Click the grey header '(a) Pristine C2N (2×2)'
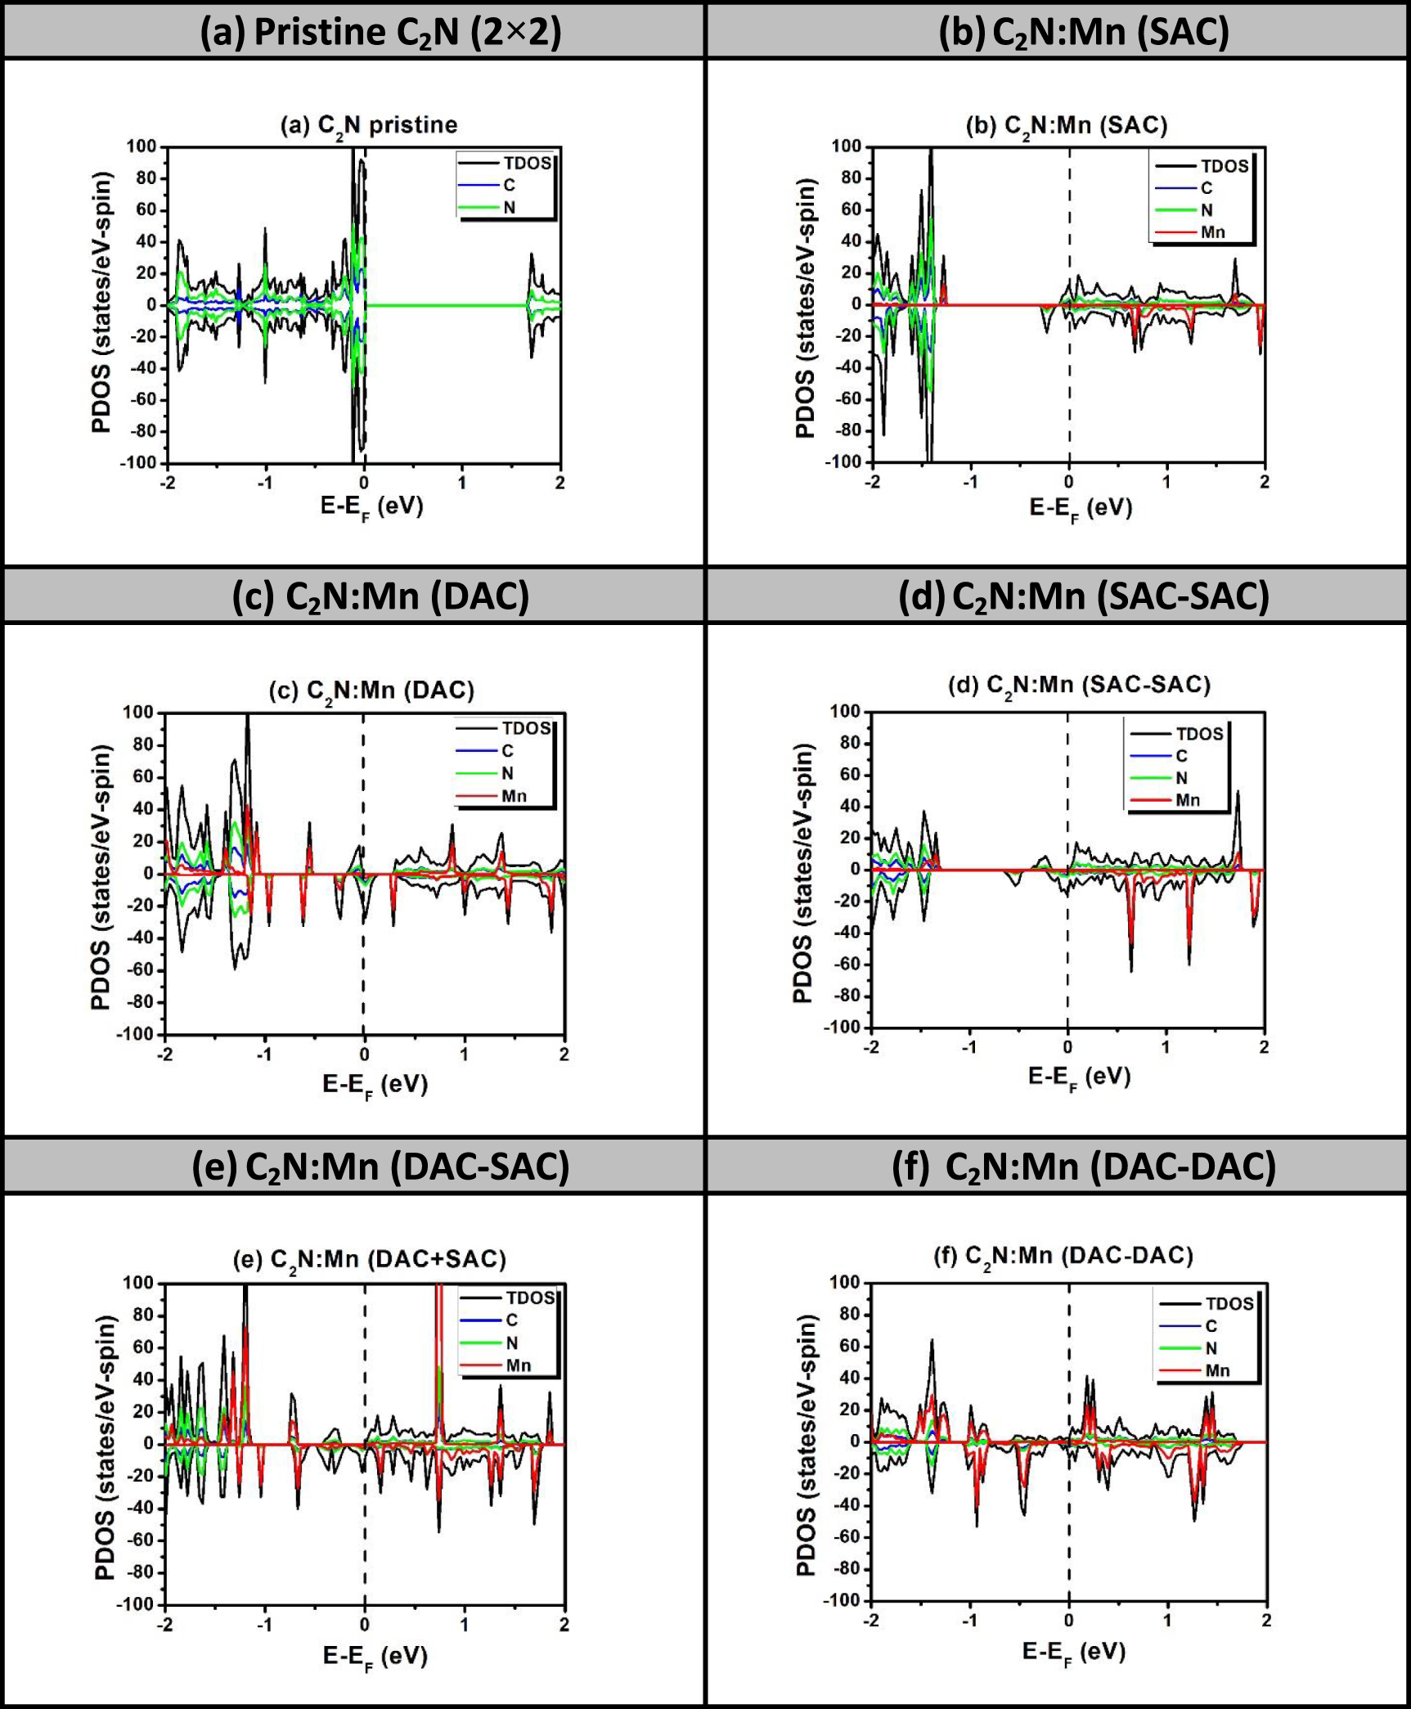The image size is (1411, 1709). (x=381, y=33)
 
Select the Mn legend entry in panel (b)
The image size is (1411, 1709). (x=1211, y=232)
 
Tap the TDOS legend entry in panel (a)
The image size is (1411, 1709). (x=527, y=163)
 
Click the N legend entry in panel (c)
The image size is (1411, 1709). (x=507, y=773)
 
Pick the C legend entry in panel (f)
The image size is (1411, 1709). (x=1211, y=1326)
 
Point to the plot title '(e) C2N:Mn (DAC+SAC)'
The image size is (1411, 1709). (x=370, y=1259)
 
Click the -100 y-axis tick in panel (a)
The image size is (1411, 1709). (x=138, y=463)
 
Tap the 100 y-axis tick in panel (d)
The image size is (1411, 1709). (x=845, y=712)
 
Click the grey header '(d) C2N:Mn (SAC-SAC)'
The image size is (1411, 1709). (x=1084, y=596)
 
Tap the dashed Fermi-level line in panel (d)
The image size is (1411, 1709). (x=1067, y=941)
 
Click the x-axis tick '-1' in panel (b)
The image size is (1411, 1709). (x=970, y=482)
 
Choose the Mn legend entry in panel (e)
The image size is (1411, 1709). (x=518, y=1365)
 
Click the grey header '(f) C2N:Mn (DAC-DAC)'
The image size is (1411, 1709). (x=1084, y=1167)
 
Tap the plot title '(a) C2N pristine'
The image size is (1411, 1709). (x=369, y=125)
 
